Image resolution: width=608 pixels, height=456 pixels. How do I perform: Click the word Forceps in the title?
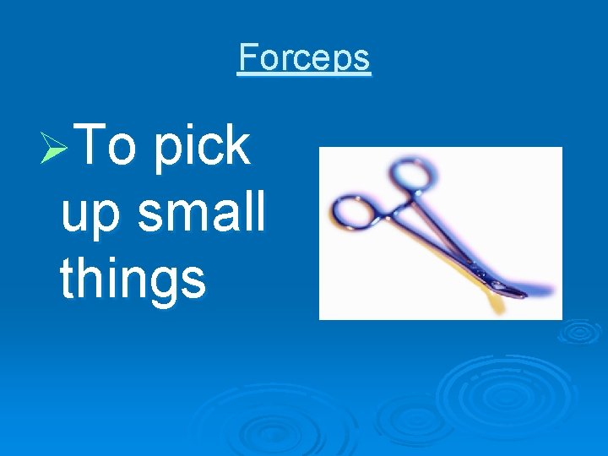[304, 57]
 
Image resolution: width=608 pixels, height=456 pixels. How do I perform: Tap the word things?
[133, 279]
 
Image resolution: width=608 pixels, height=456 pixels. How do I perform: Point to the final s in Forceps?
[361, 59]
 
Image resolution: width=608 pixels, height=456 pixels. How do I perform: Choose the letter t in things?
[68, 278]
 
